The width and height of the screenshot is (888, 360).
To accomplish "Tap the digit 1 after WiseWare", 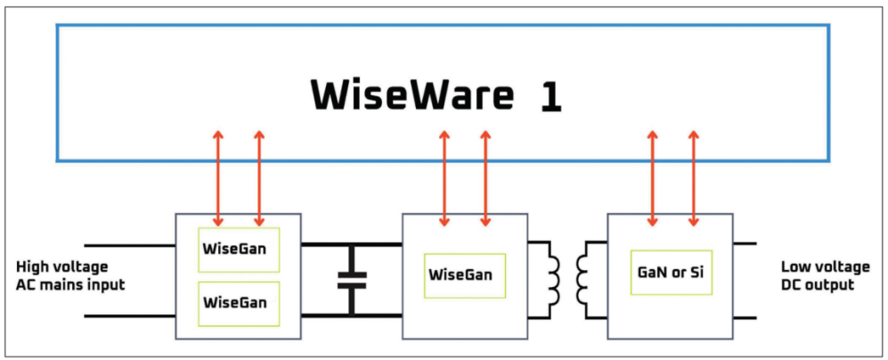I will pyautogui.click(x=550, y=96).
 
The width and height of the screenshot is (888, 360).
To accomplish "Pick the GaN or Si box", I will pyautogui.click(x=671, y=273).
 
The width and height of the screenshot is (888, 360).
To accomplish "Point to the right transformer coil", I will pyautogui.click(x=585, y=276).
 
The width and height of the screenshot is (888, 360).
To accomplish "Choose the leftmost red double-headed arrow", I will pyautogui.click(x=218, y=178).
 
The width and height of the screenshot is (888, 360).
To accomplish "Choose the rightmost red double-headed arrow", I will pyautogui.click(x=694, y=178).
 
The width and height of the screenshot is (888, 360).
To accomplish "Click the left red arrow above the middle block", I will pyautogui.click(x=444, y=178).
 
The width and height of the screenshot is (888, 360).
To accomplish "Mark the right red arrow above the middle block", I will pyautogui.click(x=485, y=178).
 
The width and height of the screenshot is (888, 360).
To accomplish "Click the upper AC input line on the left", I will pyautogui.click(x=130, y=244).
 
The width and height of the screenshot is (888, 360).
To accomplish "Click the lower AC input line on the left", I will pyautogui.click(x=130, y=315).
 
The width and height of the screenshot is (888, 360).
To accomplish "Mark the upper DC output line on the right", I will pyautogui.click(x=745, y=243).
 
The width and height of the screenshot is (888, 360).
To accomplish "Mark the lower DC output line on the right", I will pyautogui.click(x=745, y=317).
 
